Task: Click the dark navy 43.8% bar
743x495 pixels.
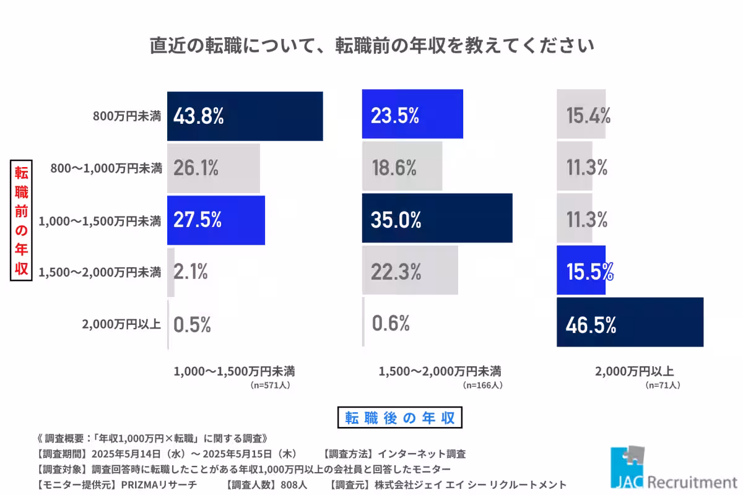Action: (x=245, y=116)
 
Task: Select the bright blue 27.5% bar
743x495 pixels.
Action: (x=216, y=220)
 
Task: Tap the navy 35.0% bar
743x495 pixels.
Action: (x=437, y=218)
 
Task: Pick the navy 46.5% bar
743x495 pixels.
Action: (x=630, y=322)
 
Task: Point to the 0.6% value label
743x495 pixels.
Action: (x=391, y=322)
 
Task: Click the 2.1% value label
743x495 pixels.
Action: (x=190, y=271)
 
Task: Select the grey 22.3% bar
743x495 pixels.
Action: (x=410, y=270)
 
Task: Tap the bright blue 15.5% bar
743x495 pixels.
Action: (x=581, y=270)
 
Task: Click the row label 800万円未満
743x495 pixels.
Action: (x=127, y=116)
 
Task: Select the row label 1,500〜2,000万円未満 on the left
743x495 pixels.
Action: (x=100, y=271)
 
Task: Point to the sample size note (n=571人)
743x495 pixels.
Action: (x=271, y=385)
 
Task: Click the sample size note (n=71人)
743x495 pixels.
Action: (x=663, y=385)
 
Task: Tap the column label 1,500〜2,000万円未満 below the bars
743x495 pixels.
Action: (x=440, y=371)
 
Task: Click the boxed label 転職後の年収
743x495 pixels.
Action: (x=401, y=417)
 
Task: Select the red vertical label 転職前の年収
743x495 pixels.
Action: (x=21, y=220)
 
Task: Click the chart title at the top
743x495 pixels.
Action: (x=371, y=46)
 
